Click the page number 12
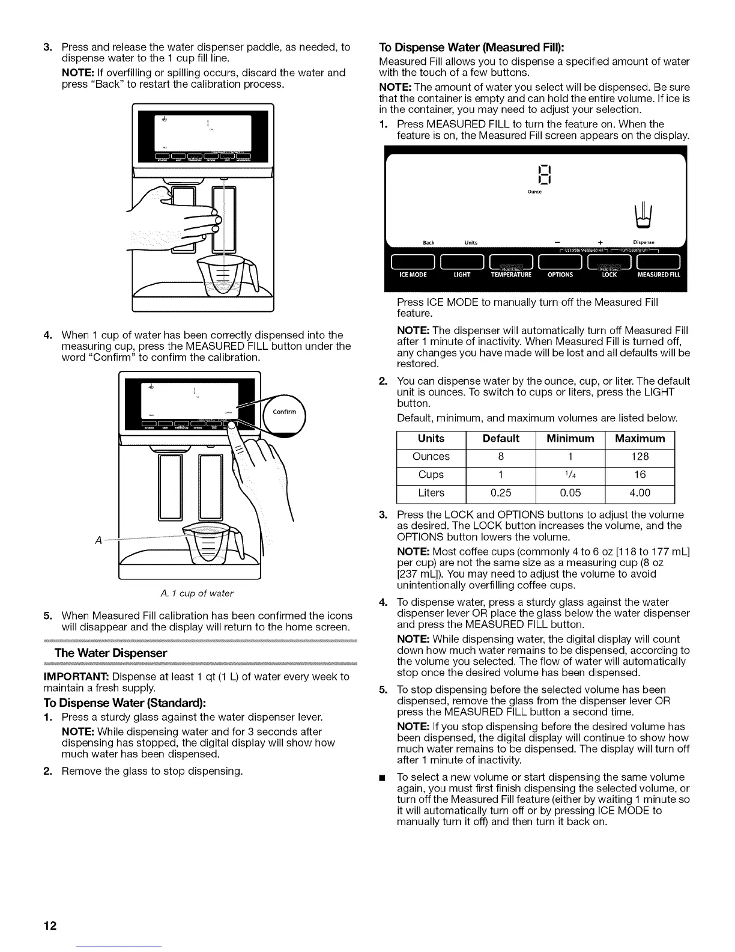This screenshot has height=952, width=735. pos(49,926)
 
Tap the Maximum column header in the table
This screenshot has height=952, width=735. pos(640,439)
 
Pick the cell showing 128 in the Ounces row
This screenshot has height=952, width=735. pos(640,457)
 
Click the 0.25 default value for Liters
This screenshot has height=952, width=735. pos(501,493)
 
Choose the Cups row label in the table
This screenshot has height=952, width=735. pos(431,475)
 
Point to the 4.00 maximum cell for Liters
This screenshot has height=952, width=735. pos(640,493)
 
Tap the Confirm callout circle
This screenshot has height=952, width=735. pos(284,412)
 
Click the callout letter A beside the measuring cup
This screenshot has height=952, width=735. pos(98,539)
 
